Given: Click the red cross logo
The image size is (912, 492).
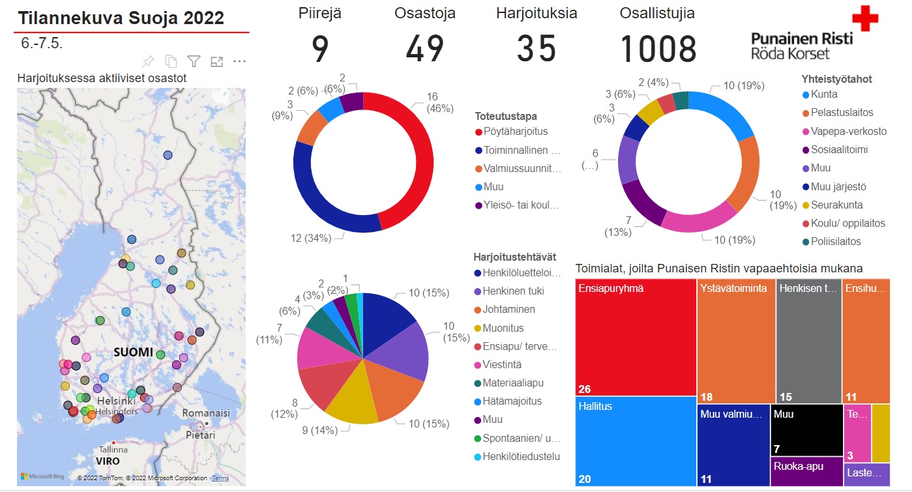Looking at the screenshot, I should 865,18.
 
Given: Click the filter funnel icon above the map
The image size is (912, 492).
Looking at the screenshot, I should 194,61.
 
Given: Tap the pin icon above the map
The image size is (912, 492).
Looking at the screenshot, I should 148,61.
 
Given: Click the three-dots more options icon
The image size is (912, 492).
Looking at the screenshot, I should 239,61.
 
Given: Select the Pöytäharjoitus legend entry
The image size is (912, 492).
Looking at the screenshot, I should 515,132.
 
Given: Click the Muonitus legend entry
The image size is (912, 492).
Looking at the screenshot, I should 503,328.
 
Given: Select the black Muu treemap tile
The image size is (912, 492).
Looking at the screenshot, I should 805,430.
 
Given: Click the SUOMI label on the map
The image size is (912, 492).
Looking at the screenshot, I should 133,352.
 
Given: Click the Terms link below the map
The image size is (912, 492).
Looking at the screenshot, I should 220,478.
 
